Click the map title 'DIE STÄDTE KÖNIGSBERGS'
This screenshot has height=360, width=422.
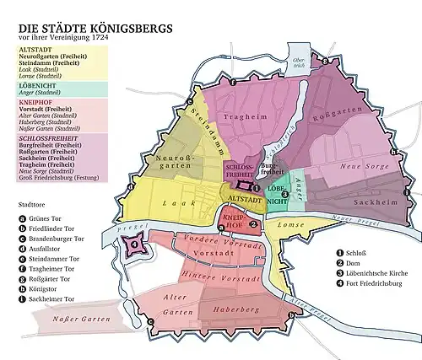pos(95,28)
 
